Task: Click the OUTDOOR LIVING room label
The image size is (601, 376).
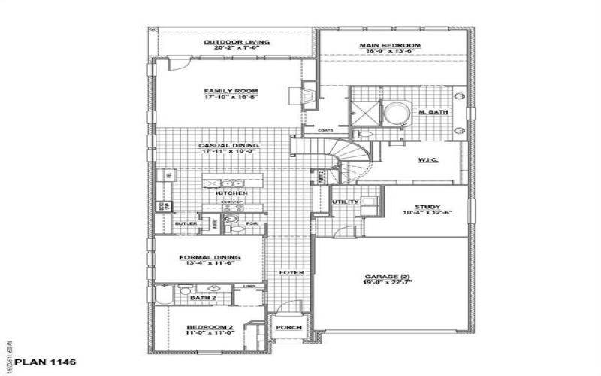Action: coord(232,41)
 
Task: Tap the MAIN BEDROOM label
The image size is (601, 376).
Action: coord(389,46)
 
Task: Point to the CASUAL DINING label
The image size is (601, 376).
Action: coord(228,145)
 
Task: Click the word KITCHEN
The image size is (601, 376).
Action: coord(231,193)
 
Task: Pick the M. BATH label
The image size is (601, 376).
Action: coord(429,113)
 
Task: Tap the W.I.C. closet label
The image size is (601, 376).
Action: coord(428,160)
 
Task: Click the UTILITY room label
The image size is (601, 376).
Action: coord(345,202)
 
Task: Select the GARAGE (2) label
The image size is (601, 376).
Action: coord(388,276)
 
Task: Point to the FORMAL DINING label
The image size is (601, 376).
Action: coord(210,257)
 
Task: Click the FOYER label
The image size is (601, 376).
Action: coord(291,272)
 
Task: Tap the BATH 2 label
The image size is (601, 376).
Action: coord(202,298)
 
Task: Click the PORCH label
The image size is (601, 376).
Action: coord(289,328)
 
